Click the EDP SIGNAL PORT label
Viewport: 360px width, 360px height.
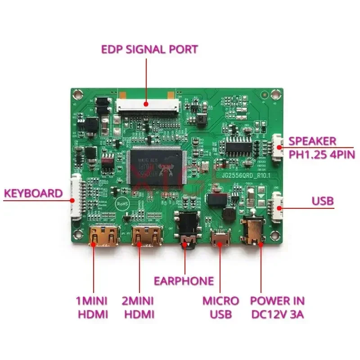pos(150,49)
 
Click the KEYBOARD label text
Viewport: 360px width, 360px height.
pos(33,193)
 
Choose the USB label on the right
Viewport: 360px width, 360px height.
pos(323,201)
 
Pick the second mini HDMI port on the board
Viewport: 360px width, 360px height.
pos(147,235)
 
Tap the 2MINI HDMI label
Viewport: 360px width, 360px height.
pos(138,307)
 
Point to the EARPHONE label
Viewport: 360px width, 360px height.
pos(184,281)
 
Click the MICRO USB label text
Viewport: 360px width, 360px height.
pos(220,307)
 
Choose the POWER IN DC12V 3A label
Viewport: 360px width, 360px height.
pos(277,307)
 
